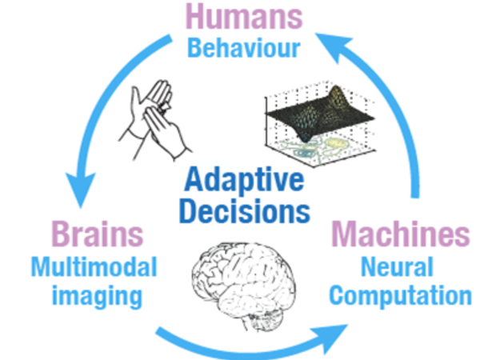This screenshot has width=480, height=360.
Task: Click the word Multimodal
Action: pyautogui.click(x=95, y=266)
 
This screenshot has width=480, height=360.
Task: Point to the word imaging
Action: pyautogui.click(x=97, y=296)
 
